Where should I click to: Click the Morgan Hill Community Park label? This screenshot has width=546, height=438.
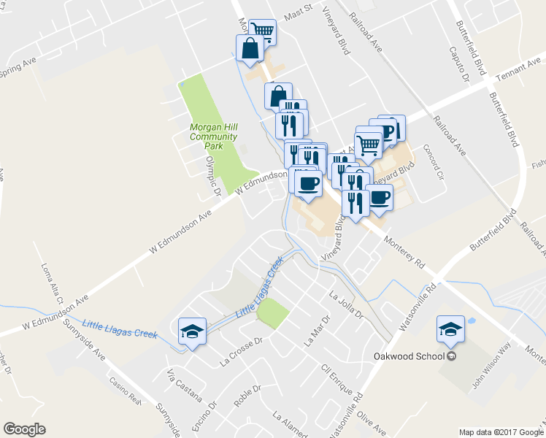(213, 136)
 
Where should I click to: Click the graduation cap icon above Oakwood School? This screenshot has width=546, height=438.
(450, 329)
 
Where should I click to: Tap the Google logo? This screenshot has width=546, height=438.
(24, 429)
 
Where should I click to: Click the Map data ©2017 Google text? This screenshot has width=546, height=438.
(501, 432)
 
